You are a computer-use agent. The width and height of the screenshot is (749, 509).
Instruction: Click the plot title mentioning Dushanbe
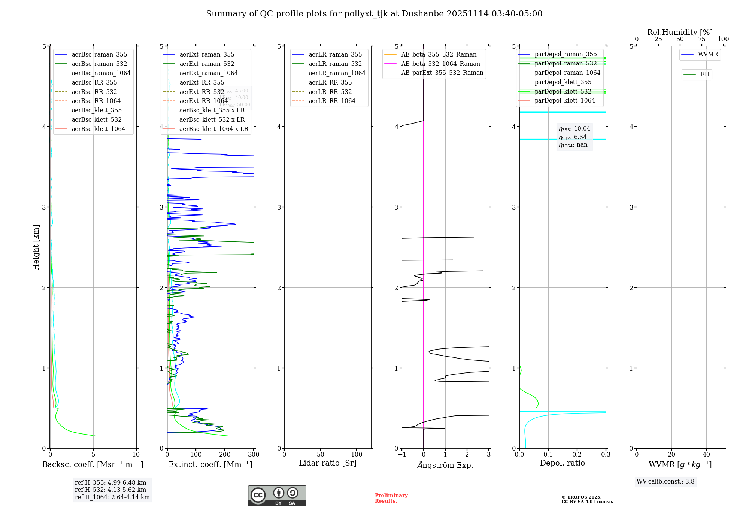[x=374, y=14]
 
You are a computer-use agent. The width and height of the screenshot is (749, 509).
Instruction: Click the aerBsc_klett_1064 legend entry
[x=98, y=129]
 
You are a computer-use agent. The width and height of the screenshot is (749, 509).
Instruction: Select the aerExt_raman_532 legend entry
[x=207, y=64]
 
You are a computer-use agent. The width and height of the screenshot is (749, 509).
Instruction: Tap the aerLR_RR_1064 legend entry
[x=332, y=101]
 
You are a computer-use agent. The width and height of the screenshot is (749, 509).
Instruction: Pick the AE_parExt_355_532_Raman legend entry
[x=442, y=73]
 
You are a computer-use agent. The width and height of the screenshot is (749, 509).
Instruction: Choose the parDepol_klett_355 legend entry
[x=563, y=82]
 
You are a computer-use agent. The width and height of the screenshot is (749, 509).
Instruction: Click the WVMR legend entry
[x=708, y=54]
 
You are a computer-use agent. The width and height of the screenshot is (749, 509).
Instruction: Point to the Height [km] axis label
[x=36, y=247]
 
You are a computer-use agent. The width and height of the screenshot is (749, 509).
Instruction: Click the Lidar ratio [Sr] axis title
[x=328, y=463]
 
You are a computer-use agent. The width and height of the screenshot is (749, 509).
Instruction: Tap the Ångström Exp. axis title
[x=445, y=465]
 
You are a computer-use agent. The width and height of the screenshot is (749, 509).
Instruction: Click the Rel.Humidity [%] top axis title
[x=680, y=32]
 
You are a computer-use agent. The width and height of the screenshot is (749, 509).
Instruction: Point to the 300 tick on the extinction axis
[x=254, y=455]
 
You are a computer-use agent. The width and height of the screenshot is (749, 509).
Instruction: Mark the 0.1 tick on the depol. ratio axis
[x=548, y=455]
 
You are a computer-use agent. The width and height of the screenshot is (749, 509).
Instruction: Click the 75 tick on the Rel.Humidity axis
[x=701, y=39]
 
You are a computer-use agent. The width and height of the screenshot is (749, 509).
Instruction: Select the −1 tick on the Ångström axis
[x=402, y=455]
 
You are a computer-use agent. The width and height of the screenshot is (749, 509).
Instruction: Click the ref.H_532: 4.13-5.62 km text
[x=110, y=490]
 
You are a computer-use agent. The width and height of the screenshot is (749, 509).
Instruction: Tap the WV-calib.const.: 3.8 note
[x=665, y=482]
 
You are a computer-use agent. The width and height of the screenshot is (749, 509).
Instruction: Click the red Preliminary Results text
[x=391, y=498]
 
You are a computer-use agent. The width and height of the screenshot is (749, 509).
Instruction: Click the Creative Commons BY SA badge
[x=277, y=496]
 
